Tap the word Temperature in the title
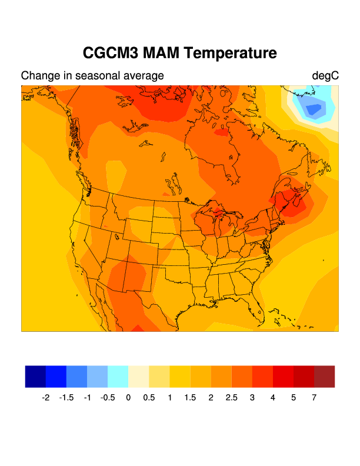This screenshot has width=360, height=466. [231, 53]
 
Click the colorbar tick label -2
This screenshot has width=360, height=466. [45, 398]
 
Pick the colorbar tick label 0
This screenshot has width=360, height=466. [128, 398]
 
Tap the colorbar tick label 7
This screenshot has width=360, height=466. [314, 398]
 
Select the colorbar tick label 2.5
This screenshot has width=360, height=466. [232, 398]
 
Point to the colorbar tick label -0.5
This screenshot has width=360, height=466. [107, 398]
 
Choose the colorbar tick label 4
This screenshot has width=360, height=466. [273, 398]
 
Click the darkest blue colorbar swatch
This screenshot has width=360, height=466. [35, 377]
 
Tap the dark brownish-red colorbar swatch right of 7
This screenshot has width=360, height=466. [324, 377]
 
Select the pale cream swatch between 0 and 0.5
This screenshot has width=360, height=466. [139, 377]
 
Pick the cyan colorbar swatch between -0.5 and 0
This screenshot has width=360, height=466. [118, 377]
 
